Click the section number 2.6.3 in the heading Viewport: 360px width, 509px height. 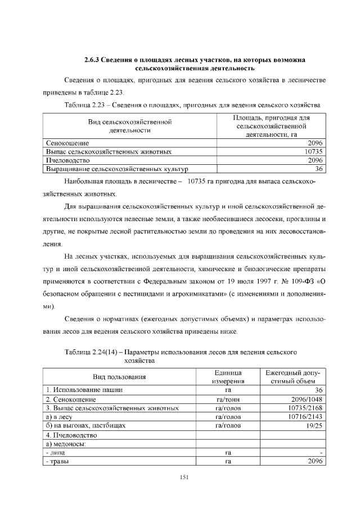tap(92, 60)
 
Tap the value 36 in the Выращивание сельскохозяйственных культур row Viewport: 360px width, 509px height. tap(318, 168)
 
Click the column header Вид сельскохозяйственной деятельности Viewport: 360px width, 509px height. tap(129, 125)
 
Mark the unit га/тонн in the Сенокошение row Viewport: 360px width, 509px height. tap(228, 399)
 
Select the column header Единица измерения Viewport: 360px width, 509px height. tap(228, 377)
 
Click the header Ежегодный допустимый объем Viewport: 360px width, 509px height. tap(292, 377)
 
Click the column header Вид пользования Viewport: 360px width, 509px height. tap(119, 377)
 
